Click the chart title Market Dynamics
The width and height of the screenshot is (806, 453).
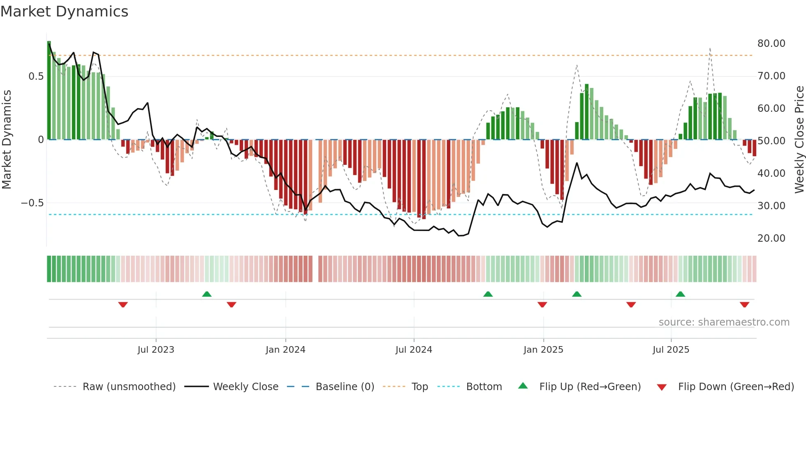tap(64, 12)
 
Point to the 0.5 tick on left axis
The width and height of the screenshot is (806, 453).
tap(36, 76)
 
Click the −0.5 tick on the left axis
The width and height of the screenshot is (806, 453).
tap(32, 203)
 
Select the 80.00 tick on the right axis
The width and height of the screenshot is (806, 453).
tap(771, 44)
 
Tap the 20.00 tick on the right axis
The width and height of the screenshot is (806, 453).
tap(771, 238)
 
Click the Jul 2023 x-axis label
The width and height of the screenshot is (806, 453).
tap(156, 350)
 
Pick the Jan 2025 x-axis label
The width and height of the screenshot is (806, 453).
tap(543, 350)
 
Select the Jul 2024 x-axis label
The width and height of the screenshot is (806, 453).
tap(414, 350)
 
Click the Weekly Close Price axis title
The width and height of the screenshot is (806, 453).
tap(799, 140)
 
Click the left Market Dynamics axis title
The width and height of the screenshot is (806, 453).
tap(7, 140)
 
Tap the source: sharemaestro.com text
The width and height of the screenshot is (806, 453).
tap(724, 322)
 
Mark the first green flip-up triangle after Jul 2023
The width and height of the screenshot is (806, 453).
tap(207, 294)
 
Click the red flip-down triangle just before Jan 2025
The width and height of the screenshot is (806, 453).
tap(542, 305)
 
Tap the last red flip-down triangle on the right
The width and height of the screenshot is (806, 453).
tap(744, 305)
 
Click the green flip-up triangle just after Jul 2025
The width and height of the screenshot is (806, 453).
tap(680, 294)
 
